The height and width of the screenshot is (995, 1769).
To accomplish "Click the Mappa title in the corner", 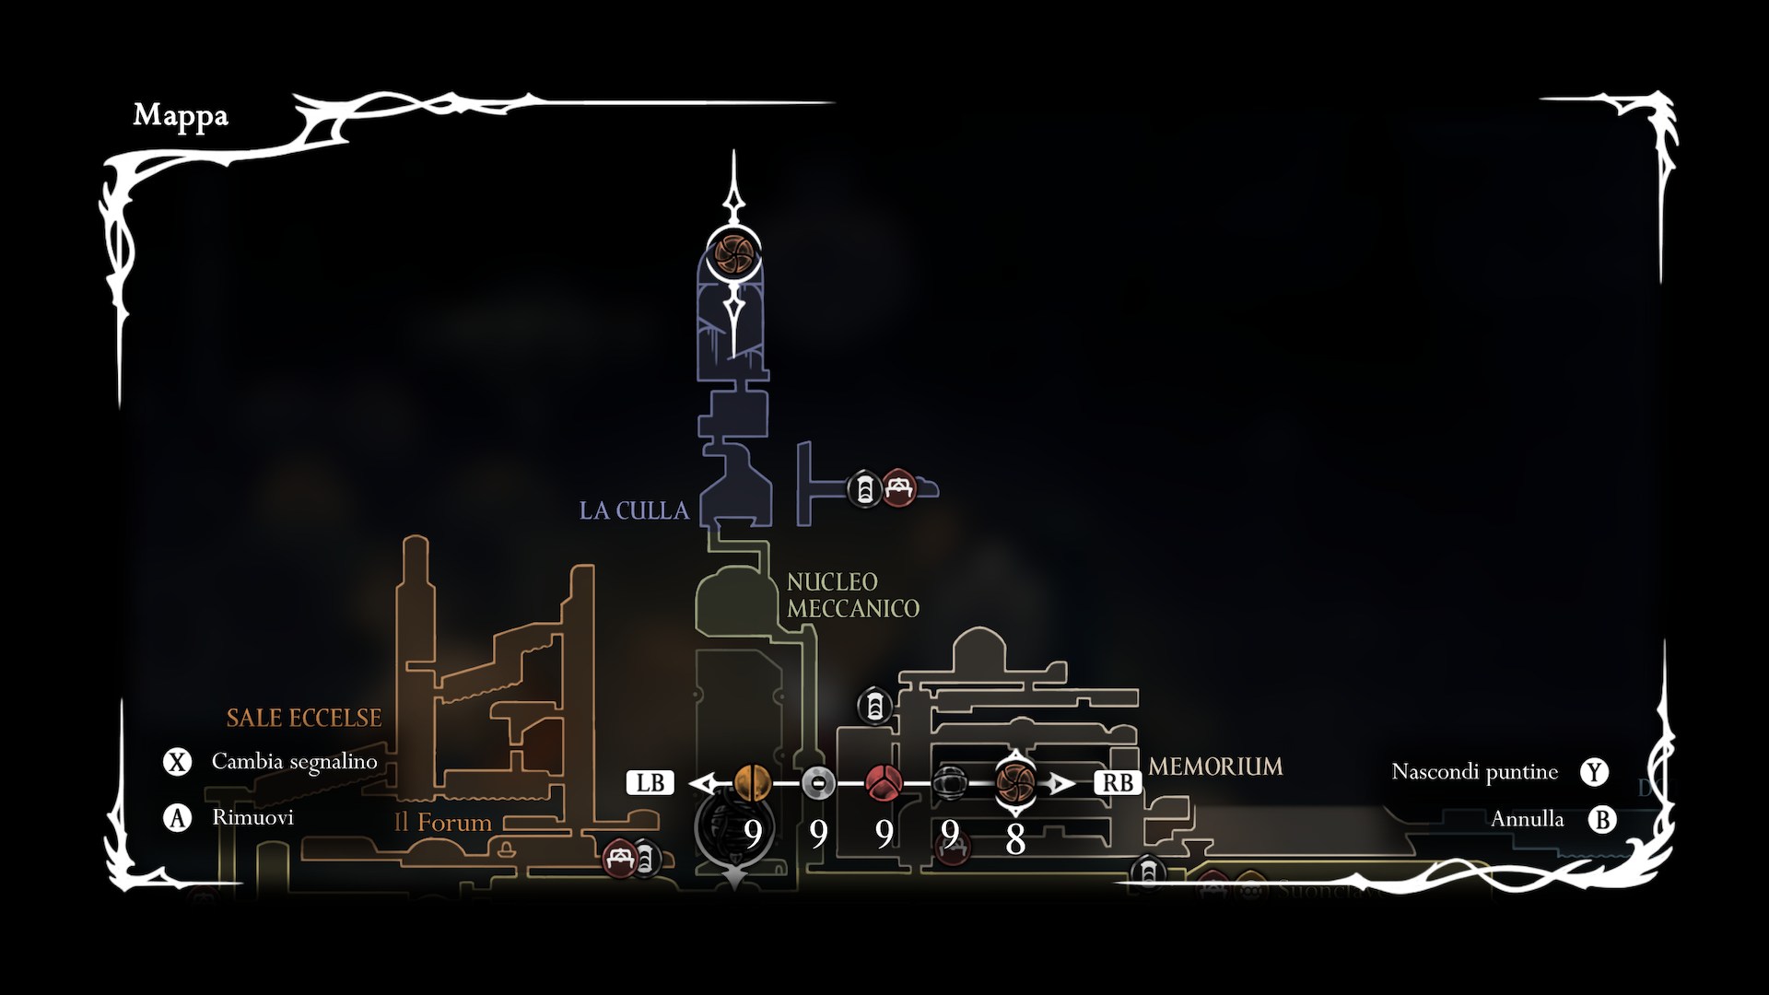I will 181,115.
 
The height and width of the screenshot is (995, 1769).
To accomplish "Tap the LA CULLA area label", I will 634,510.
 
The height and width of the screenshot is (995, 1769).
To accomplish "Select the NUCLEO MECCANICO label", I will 852,595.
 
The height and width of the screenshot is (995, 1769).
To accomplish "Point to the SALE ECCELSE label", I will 304,718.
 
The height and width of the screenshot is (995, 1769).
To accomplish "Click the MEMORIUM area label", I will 1215,767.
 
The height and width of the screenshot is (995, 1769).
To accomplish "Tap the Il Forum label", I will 443,822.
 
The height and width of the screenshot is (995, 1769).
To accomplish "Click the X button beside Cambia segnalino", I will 177,762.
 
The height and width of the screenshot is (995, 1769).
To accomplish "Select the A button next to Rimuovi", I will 177,817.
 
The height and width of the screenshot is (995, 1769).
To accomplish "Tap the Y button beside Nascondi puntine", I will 1594,772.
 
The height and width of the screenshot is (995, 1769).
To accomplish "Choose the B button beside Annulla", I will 1602,819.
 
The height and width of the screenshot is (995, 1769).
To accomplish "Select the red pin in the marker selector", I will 884,783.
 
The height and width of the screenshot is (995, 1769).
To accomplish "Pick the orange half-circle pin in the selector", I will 752,783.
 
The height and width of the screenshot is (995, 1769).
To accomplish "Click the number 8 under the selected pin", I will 1015,839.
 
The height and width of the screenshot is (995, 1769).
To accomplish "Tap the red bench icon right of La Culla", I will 899,488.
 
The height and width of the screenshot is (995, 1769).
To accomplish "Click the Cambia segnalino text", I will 295,762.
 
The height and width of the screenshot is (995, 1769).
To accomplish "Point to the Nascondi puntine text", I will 1474,772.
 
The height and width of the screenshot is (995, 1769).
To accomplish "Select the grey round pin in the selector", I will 818,783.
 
